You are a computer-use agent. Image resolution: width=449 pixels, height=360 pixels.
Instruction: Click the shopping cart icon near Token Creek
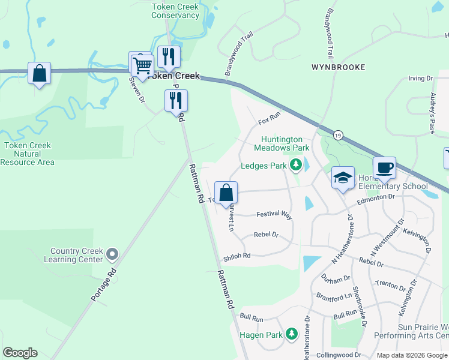[142, 64]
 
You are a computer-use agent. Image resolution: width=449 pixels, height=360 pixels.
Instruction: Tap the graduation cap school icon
[343, 178]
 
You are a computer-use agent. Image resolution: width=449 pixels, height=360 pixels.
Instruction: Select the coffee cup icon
[384, 167]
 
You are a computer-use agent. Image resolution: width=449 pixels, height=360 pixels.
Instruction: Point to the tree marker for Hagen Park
[291, 334]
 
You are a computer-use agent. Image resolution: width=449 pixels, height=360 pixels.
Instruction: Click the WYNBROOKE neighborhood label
[338, 67]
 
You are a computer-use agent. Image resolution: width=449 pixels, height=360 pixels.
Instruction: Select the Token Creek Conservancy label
[175, 11]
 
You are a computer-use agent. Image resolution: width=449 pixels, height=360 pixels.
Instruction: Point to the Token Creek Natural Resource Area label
[28, 154]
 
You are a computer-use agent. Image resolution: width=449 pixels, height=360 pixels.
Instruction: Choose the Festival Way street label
[274, 214]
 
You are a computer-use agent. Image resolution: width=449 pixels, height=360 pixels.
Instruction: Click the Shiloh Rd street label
[237, 256]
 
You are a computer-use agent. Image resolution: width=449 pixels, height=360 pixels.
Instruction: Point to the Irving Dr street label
[420, 79]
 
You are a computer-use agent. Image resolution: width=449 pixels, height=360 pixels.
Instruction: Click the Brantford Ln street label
[335, 296]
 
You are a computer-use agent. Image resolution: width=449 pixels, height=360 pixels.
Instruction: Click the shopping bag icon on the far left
[39, 74]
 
